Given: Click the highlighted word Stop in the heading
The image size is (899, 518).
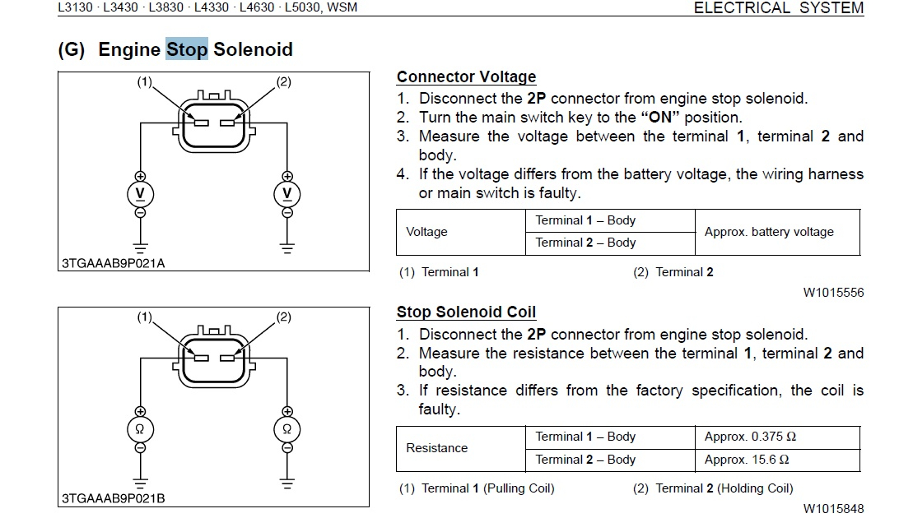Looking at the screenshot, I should click(x=188, y=49).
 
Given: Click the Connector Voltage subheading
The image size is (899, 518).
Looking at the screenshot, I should click(x=466, y=76).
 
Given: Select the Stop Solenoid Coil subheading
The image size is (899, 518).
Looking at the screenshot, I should click(x=466, y=312).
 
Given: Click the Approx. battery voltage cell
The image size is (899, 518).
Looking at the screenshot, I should click(x=769, y=232).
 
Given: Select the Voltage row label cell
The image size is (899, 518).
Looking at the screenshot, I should click(x=427, y=232).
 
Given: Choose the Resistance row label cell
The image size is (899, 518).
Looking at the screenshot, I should click(x=436, y=448).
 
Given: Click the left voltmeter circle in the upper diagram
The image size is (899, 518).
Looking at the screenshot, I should click(x=140, y=194).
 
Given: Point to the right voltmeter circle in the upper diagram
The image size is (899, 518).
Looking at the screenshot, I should click(x=287, y=194).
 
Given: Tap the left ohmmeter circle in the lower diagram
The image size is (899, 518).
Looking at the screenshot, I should click(x=140, y=429).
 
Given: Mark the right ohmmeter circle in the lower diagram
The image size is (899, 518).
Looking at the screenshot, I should click(x=287, y=429).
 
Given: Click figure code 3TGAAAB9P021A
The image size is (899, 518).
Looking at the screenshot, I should click(x=113, y=264).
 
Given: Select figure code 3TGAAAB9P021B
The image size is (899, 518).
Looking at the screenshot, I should click(x=113, y=498).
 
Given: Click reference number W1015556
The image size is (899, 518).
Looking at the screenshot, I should click(x=833, y=292).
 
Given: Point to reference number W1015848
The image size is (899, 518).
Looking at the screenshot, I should click(x=833, y=509).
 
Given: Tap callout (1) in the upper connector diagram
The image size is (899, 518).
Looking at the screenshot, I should click(x=146, y=82).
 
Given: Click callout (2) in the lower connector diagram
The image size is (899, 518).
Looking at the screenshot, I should click(x=283, y=317).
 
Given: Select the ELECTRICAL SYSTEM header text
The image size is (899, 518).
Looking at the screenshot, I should click(x=779, y=8).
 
